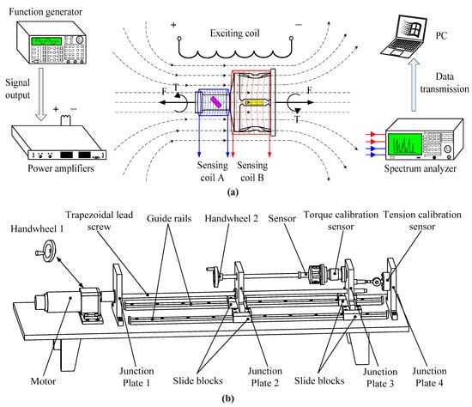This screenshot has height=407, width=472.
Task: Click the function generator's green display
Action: [46, 41]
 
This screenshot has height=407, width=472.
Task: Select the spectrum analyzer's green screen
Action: [405, 143]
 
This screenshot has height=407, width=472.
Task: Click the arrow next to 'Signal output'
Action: [41, 94]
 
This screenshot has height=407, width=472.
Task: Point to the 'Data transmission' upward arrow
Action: [415, 85]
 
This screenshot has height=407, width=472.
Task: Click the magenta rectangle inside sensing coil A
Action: [215, 102]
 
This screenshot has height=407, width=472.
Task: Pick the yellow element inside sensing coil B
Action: [254, 103]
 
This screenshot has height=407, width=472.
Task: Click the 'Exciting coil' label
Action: [235, 33]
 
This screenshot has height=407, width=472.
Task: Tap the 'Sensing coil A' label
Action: [213, 171]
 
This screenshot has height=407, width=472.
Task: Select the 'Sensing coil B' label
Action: [252, 171]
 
